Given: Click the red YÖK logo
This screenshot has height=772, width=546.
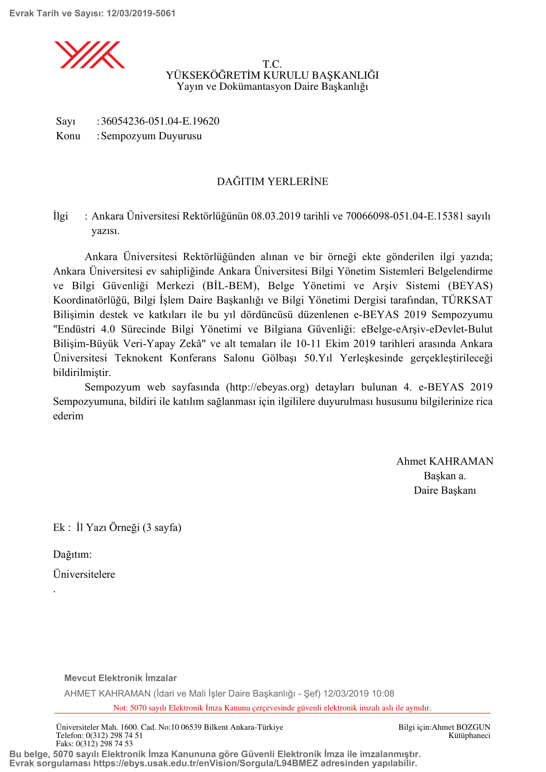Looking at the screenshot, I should [x=89, y=55].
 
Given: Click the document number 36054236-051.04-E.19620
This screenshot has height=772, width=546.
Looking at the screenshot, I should [x=160, y=121].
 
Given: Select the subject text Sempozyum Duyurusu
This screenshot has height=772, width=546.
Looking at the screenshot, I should [x=151, y=136].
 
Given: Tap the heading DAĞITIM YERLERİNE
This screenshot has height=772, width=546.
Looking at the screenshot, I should [x=272, y=182].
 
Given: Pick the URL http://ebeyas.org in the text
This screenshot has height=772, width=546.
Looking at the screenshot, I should [x=267, y=387].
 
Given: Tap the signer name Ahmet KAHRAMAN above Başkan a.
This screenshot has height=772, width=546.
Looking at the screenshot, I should [x=445, y=461].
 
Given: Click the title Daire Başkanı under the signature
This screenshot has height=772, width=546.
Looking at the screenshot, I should [x=445, y=490].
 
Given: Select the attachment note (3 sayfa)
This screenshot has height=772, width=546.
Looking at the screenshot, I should [x=162, y=527].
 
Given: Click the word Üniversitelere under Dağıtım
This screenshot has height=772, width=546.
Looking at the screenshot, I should [x=84, y=574].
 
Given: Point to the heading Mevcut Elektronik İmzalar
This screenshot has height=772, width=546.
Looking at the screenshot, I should [x=120, y=678].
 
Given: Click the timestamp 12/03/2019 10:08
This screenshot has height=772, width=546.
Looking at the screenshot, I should [x=358, y=693].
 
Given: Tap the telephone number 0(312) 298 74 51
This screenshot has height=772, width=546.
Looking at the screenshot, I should [x=114, y=735].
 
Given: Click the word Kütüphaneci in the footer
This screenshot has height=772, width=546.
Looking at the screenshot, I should [x=469, y=735].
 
